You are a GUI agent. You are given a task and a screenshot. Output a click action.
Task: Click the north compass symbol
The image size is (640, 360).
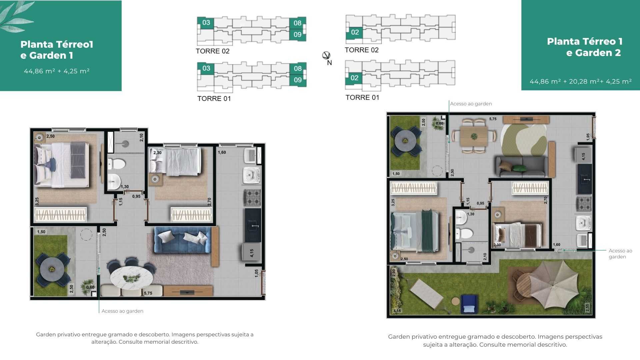tap(326, 55)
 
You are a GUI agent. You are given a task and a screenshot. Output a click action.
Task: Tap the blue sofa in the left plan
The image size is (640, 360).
tap(183, 240)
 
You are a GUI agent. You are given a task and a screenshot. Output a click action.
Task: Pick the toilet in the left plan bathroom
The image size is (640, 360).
tap(116, 164)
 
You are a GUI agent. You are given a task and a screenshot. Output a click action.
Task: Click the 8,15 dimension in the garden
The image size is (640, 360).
tap(397, 311)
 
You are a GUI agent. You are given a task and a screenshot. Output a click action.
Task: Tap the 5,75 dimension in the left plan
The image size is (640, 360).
tap(148, 293)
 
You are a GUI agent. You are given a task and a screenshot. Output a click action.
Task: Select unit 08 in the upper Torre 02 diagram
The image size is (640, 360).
tap(297, 23)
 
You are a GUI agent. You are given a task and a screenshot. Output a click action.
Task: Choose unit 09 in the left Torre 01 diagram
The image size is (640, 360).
tap(297, 80)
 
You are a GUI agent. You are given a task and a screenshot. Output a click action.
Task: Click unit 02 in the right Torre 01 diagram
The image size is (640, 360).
tap(354, 78)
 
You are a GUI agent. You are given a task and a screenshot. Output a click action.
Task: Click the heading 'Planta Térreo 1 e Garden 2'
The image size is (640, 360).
tap(585, 47)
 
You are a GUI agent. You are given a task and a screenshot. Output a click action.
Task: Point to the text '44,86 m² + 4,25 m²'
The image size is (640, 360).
tap(57, 71)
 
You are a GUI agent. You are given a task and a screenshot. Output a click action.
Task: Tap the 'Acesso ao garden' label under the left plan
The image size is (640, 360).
tap(122, 311)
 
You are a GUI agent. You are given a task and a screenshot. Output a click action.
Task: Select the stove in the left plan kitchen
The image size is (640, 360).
tap(253, 198)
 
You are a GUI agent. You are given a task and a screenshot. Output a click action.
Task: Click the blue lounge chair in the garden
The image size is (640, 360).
tap(469, 304)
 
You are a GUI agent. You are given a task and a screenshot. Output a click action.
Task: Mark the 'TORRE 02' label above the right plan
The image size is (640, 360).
tap(362, 50)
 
